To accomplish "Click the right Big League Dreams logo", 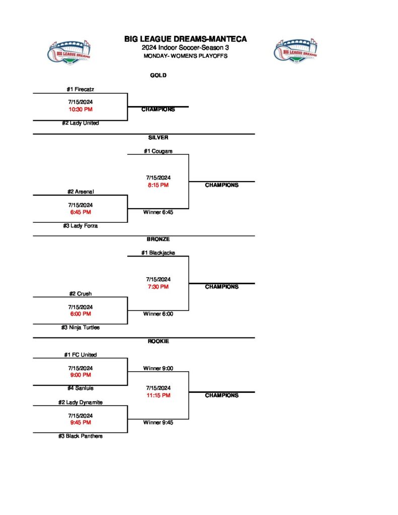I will [x=295, y=52].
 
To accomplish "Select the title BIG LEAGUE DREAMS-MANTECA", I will [x=186, y=39].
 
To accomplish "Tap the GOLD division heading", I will [x=158, y=75].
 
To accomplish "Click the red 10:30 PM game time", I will [x=81, y=109].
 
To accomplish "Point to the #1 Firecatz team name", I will [x=81, y=90].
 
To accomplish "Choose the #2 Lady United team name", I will [x=81, y=123].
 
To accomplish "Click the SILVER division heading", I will [x=158, y=137].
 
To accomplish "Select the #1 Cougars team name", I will [x=158, y=151].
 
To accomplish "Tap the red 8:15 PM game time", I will [x=158, y=185].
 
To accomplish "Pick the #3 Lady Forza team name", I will [x=81, y=226].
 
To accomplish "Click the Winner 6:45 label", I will [x=158, y=212].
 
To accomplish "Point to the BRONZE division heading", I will [x=158, y=239].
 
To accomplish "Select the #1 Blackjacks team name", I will [x=158, y=253].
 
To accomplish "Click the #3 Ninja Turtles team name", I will [x=81, y=327].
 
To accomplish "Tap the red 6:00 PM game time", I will [x=81, y=314].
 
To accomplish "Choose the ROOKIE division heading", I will [x=158, y=341].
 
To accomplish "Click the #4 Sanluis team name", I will [x=81, y=388].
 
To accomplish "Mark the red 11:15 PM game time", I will [x=158, y=395].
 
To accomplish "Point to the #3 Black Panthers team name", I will [x=81, y=436].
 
